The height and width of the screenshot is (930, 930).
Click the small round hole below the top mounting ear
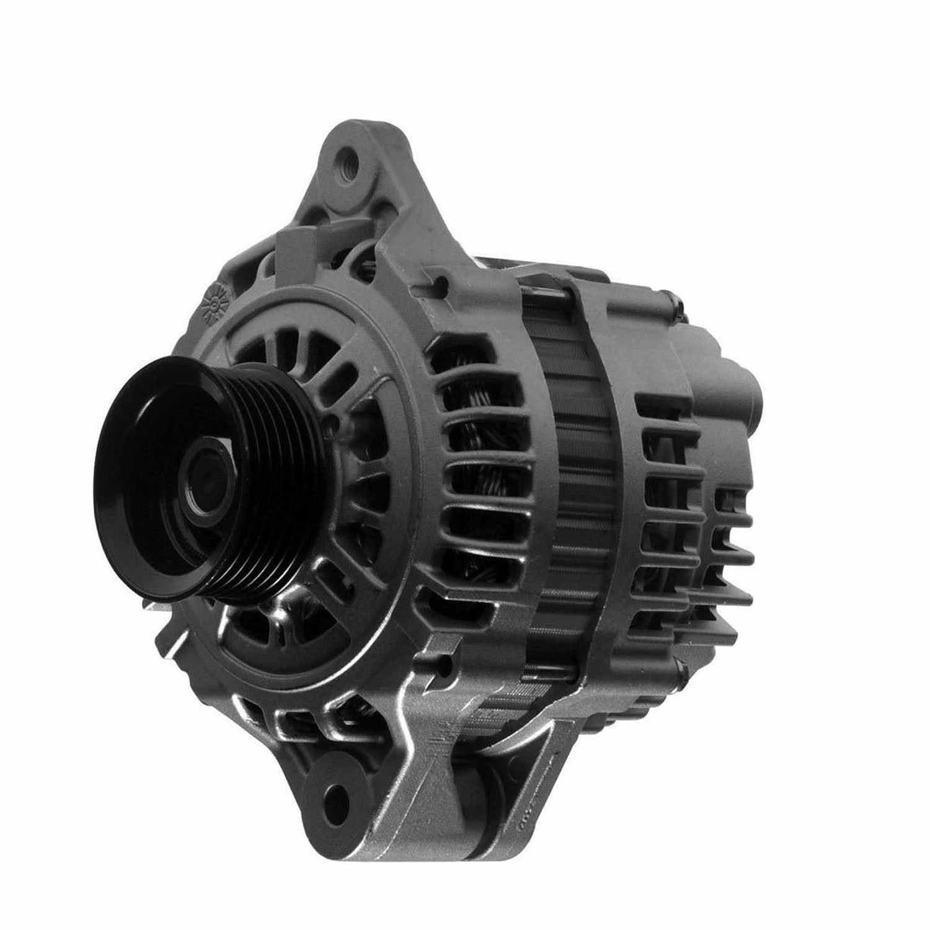point(441,283)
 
